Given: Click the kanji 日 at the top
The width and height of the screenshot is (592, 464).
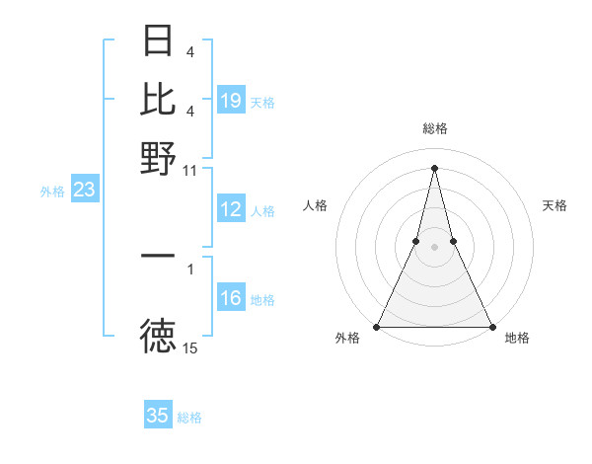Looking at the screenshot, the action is click(158, 41).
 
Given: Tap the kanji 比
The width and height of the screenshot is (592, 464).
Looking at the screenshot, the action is click(158, 99).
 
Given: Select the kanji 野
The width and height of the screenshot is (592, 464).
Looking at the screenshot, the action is click(158, 157).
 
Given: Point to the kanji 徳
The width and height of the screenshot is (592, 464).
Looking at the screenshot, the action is click(158, 339).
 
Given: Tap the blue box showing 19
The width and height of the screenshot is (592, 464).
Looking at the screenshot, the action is click(230, 101).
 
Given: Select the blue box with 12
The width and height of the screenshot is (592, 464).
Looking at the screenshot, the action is click(230, 209).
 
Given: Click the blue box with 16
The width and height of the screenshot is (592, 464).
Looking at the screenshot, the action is click(230, 299).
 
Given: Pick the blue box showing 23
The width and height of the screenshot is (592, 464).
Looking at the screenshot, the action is click(84, 191).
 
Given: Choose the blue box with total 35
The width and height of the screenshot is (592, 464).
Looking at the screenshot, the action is click(158, 416).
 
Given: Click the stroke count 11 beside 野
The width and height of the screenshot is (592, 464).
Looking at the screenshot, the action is click(190, 170).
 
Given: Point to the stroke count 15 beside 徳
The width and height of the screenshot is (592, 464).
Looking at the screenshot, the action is click(190, 348).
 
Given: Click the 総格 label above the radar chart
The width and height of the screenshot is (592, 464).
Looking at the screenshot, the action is click(434, 128).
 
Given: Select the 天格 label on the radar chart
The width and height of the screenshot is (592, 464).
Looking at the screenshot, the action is click(555, 205).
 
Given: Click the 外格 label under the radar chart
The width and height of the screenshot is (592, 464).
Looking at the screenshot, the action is click(347, 339).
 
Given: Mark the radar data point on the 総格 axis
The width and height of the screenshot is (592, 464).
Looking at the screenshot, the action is click(434, 168).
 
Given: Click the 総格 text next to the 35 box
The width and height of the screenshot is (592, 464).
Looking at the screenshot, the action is click(189, 418).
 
